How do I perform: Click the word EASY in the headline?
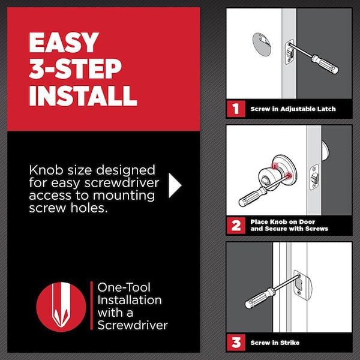(x=62, y=43)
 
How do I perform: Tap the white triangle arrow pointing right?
(x=175, y=186)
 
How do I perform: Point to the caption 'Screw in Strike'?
(x=275, y=343)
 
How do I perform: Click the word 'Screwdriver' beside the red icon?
(x=133, y=325)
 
